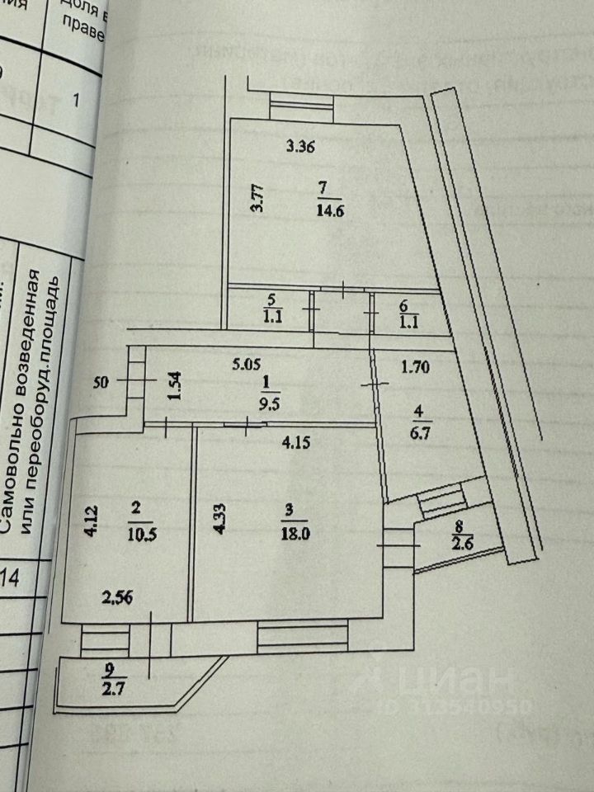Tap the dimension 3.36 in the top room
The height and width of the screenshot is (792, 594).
(301, 148)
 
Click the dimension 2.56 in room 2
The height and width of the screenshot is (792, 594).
(116, 596)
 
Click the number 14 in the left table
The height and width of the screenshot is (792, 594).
(12, 577)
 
